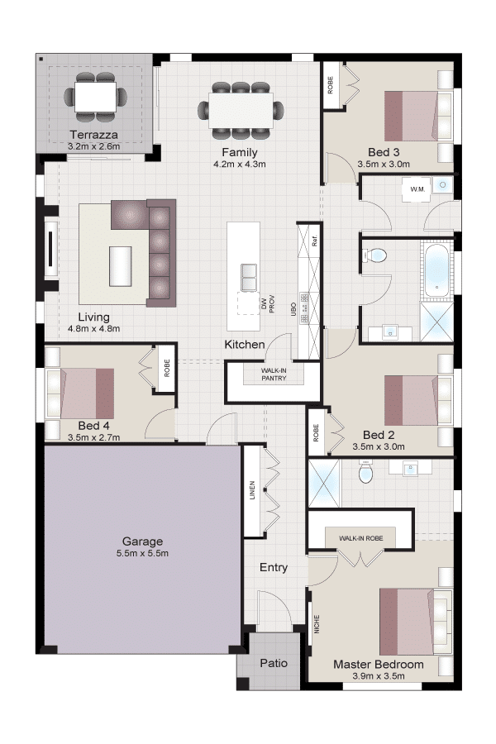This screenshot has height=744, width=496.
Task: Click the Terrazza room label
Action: point(93,135)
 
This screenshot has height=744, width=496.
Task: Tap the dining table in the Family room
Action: point(241,110)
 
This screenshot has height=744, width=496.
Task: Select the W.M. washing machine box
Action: point(417,189)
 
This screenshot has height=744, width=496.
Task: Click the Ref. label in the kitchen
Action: point(314,241)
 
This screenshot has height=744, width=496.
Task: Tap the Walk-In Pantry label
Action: point(274,374)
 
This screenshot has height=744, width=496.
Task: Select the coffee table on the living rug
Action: point(121,266)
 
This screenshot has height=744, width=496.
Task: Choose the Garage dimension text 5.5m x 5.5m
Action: point(142,553)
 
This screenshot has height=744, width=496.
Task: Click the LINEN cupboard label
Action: point(252,490)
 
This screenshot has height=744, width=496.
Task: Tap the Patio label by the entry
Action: point(274,663)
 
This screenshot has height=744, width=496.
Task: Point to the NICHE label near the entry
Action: point(317,624)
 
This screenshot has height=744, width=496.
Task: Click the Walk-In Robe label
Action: point(360,538)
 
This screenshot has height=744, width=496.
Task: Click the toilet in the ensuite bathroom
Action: point(365,471)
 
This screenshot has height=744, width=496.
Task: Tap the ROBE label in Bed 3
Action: point(331,85)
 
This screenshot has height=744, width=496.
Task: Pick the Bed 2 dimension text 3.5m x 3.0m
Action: point(379,446)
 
